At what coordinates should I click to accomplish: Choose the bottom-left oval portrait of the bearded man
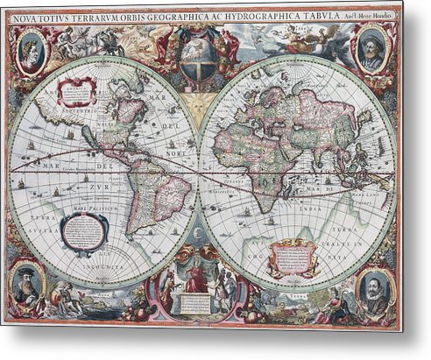click(28, 286)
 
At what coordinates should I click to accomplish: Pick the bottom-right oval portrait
click(372, 289)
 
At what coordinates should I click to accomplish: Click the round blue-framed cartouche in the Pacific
click(87, 230)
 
